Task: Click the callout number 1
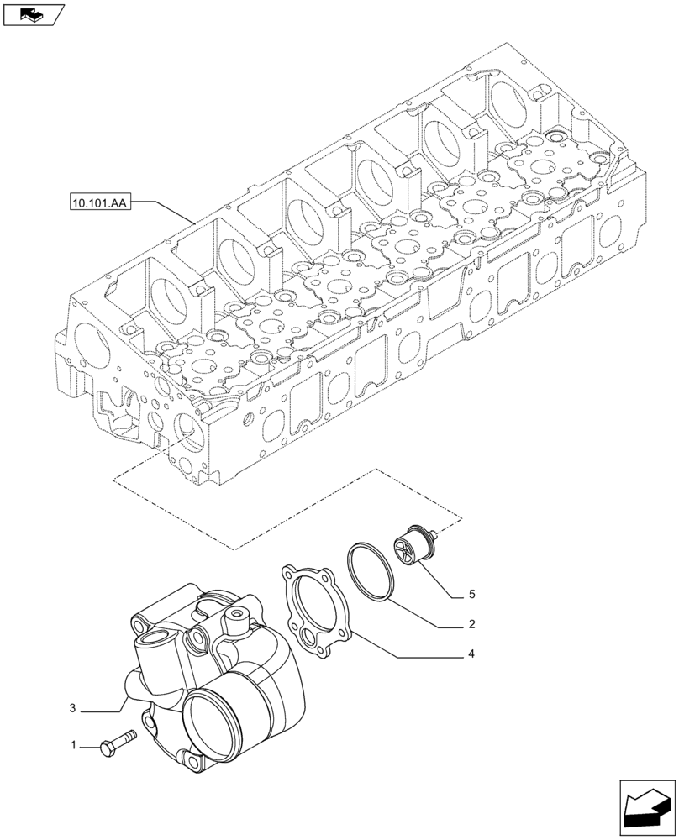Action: (73, 745)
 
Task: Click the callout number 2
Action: (471, 624)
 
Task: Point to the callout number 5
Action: (471, 594)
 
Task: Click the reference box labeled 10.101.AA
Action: (96, 202)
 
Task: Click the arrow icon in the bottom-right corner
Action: (647, 808)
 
